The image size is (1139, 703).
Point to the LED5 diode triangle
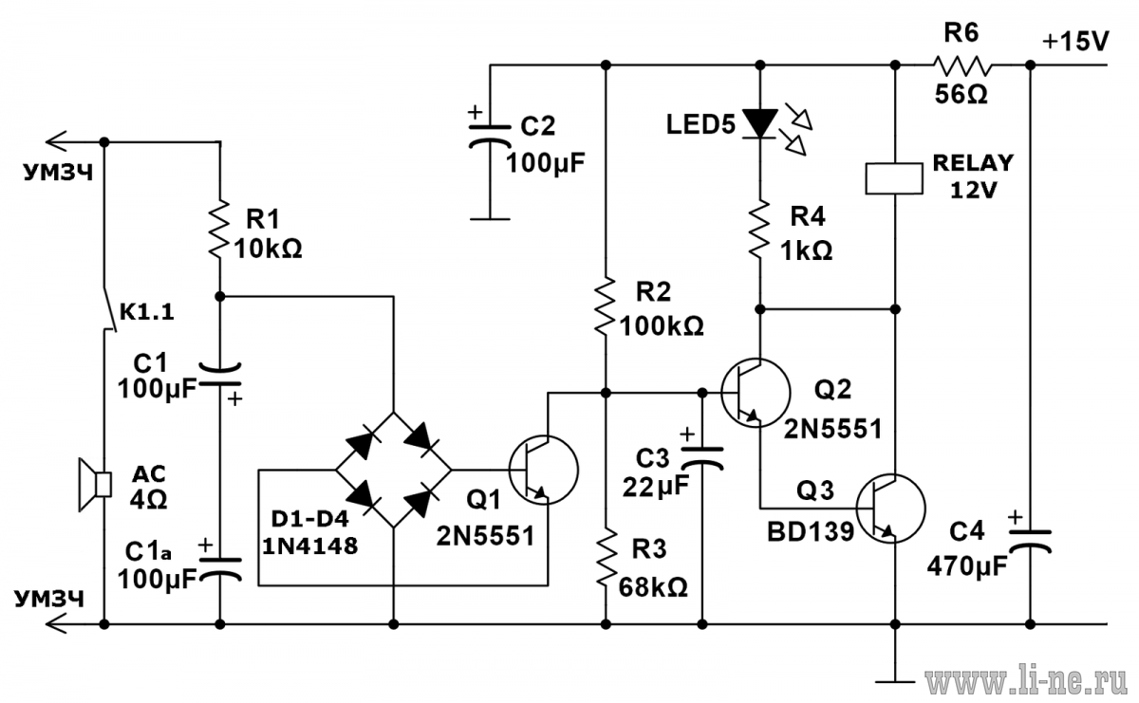coord(760,123)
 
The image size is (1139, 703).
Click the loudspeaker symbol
coord(95,485)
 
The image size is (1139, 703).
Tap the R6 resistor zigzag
coord(962,65)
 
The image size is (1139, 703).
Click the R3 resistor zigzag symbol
coord(606,558)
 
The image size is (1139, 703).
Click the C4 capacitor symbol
coord(1030,541)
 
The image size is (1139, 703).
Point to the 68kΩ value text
coord(653,587)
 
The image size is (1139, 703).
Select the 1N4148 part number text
coord(309,546)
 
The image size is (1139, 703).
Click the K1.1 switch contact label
coord(147,311)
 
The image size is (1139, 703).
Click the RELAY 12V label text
coord(973,176)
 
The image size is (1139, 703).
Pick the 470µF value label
coord(966,566)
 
